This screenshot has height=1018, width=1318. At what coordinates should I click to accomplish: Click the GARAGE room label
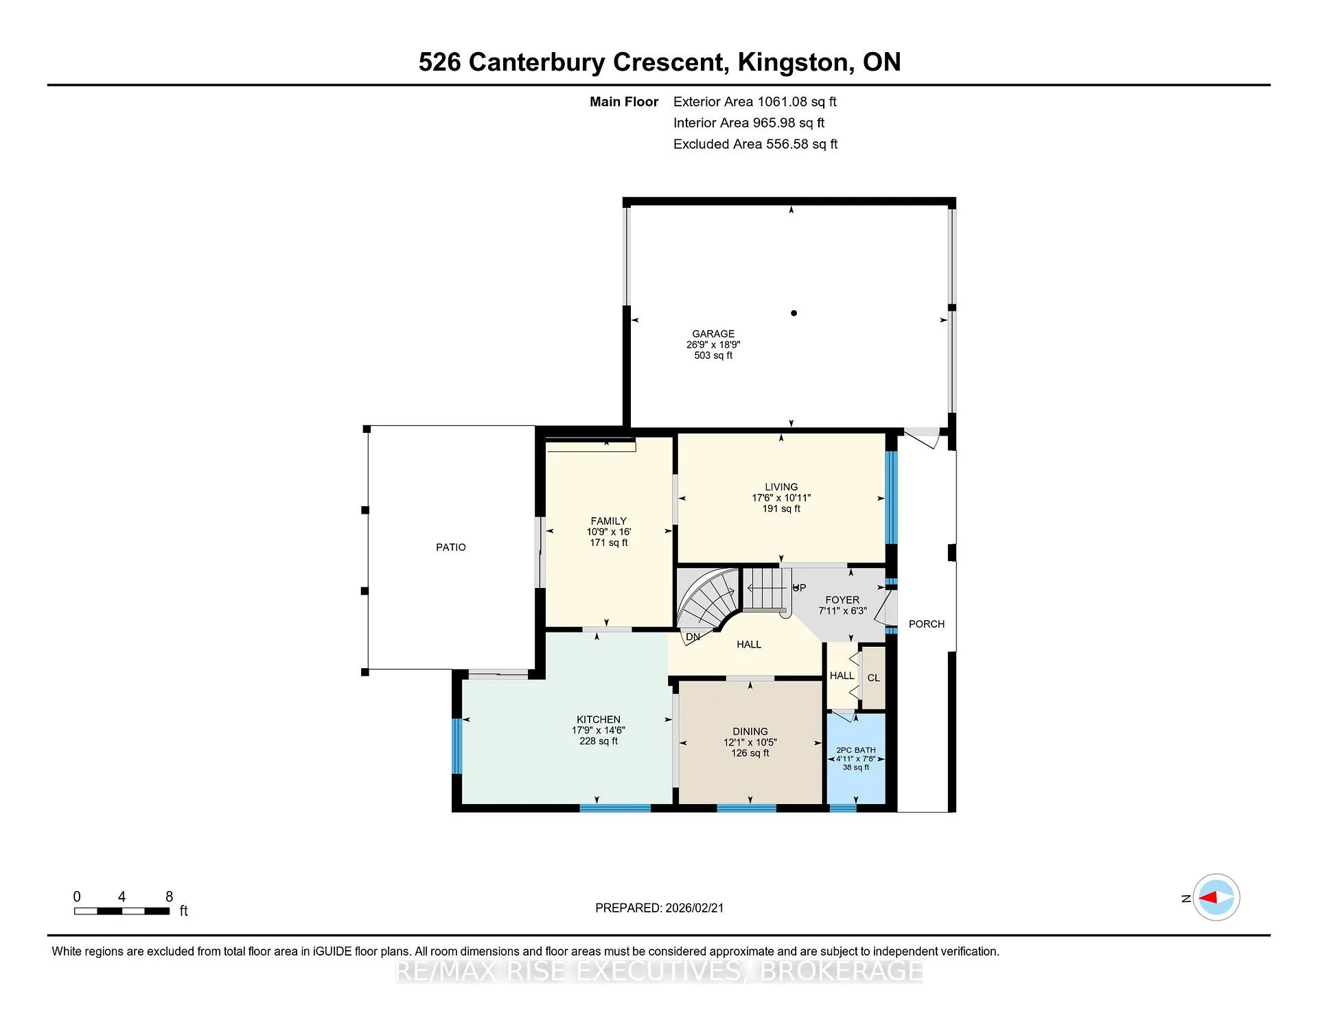(x=713, y=334)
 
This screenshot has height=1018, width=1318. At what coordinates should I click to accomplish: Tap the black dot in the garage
(x=794, y=313)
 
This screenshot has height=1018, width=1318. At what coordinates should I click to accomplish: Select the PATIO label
(x=451, y=547)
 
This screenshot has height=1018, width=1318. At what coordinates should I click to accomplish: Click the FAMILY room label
(x=609, y=521)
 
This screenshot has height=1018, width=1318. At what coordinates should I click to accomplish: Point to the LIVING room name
(x=781, y=487)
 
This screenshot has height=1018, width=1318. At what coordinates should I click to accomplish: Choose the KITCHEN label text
(x=599, y=720)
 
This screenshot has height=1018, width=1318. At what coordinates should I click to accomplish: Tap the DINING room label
(x=750, y=731)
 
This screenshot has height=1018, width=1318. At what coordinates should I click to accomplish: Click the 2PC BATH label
(x=856, y=750)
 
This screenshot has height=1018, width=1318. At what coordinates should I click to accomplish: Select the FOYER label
(x=842, y=600)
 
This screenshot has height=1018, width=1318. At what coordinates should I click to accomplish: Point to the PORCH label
(x=927, y=624)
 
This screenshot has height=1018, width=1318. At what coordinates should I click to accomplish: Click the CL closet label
(x=873, y=678)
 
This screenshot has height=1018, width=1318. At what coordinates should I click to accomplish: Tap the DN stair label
(x=693, y=637)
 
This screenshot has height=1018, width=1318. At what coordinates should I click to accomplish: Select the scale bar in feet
(x=122, y=911)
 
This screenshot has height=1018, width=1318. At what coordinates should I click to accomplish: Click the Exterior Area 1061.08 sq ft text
(x=755, y=102)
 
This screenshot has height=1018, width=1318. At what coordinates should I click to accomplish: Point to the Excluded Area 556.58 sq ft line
(x=756, y=144)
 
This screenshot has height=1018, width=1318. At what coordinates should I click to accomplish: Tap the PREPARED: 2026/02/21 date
(x=660, y=908)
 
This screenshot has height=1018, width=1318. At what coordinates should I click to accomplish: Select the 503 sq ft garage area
(x=713, y=355)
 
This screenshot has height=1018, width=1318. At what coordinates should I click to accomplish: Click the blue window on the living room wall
(x=891, y=497)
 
